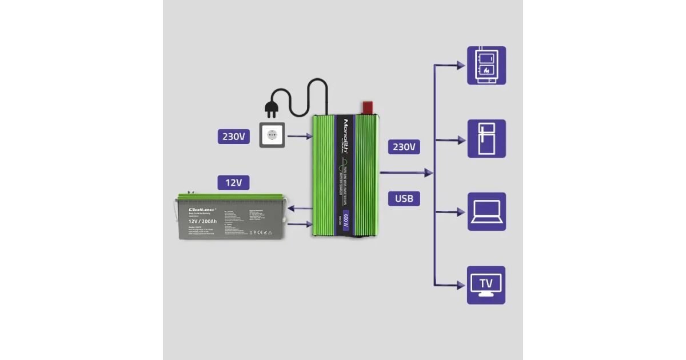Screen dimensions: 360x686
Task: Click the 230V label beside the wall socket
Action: pos(233,137)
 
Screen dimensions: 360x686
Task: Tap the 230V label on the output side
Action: pos(404,147)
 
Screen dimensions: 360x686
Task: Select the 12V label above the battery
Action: pos(233,183)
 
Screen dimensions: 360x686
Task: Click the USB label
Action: pos(404,198)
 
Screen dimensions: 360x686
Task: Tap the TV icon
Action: pos(486,285)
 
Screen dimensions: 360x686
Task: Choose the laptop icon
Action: pos(486,211)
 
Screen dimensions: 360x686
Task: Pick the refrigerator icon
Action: pos(486,138)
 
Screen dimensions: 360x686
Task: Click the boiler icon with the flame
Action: pos(486,65)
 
